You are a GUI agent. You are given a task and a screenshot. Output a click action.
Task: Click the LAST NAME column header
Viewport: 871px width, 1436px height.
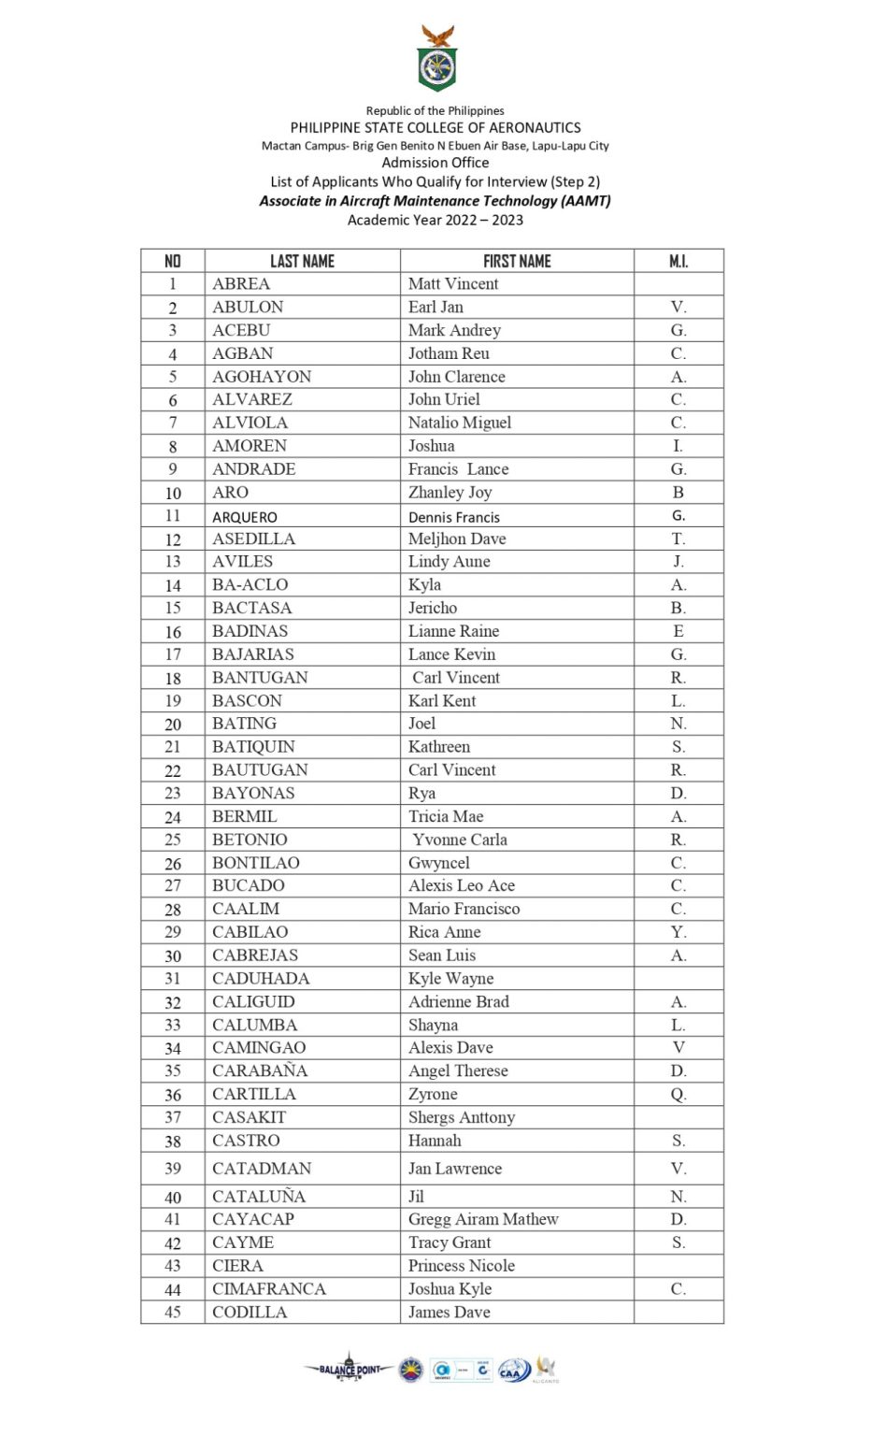coord(302,261)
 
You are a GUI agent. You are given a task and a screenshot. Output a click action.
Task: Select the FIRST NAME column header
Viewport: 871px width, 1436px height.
coord(517,261)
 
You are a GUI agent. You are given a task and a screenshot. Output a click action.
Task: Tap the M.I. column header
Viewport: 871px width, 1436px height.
coord(678,261)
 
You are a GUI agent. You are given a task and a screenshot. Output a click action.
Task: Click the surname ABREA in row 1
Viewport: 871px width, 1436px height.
coord(241,283)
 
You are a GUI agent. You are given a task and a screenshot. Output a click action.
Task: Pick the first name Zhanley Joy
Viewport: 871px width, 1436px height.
coord(450,492)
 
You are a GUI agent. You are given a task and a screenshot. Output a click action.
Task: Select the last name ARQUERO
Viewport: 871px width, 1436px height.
coord(245,516)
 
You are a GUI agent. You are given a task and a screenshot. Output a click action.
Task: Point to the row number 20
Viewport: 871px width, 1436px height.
coord(173,724)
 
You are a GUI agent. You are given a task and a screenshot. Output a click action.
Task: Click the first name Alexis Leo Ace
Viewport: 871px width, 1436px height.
coord(462,885)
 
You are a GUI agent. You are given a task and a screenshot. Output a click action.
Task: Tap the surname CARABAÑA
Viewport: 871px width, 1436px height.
coord(260,1070)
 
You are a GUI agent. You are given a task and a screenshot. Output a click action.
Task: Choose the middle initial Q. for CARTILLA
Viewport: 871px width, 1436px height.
coord(678,1094)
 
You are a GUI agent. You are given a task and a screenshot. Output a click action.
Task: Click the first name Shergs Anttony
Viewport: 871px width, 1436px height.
coord(462,1117)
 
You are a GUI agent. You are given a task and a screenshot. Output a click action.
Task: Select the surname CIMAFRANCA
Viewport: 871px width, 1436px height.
coord(269,1288)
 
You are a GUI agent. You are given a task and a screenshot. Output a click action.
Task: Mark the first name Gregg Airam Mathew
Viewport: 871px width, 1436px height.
coord(483,1219)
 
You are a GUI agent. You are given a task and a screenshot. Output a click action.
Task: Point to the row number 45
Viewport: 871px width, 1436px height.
coord(173,1312)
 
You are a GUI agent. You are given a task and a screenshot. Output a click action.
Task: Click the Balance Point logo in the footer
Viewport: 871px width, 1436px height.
coord(349,1369)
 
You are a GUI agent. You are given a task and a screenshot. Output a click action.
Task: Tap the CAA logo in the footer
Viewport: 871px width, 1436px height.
coord(514,1371)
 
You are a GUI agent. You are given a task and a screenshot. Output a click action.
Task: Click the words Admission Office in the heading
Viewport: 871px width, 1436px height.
coord(435,163)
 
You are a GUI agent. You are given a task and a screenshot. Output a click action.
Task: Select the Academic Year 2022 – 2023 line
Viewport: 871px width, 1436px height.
coord(435,220)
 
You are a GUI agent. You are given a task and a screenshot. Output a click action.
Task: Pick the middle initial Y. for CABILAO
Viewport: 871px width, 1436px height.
coord(678,932)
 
